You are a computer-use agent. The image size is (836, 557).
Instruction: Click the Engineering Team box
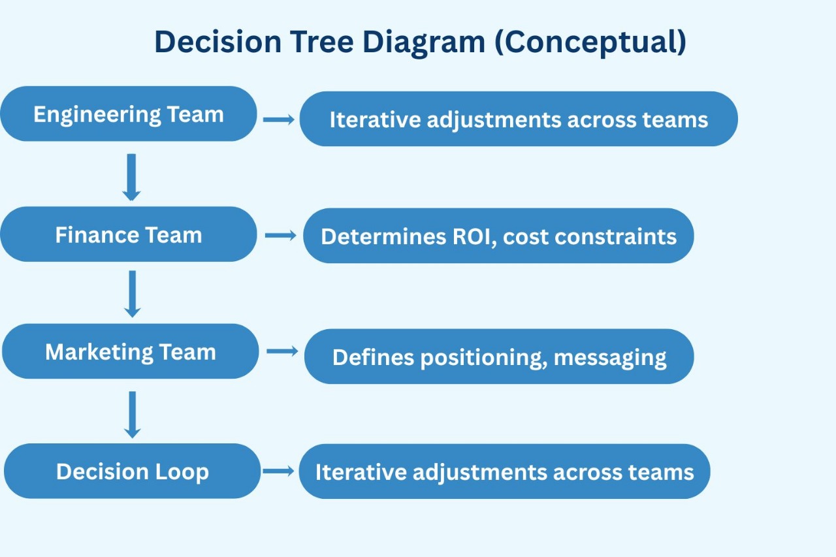129,114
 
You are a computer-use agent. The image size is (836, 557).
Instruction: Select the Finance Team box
129,234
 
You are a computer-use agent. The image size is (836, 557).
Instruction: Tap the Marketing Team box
131,351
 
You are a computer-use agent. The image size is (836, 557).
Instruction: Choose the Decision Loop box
133,471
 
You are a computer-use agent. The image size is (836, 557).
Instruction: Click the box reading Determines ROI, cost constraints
498,236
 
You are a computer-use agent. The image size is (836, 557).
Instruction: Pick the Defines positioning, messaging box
499,357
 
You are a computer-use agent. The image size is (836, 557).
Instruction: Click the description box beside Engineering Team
519,119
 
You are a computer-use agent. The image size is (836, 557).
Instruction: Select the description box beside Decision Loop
504,471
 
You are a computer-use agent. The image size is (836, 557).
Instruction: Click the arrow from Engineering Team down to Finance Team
131,177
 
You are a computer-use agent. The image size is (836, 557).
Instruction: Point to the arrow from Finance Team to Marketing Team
133,294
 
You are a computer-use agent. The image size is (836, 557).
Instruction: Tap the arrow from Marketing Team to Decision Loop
133,415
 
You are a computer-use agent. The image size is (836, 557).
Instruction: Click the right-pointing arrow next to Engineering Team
279,119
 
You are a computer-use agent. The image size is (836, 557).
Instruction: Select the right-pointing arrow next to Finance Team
281,235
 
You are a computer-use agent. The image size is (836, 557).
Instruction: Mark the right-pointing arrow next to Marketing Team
282,351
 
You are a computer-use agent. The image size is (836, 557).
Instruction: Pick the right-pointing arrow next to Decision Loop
278,471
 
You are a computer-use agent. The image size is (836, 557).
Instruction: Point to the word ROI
470,236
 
